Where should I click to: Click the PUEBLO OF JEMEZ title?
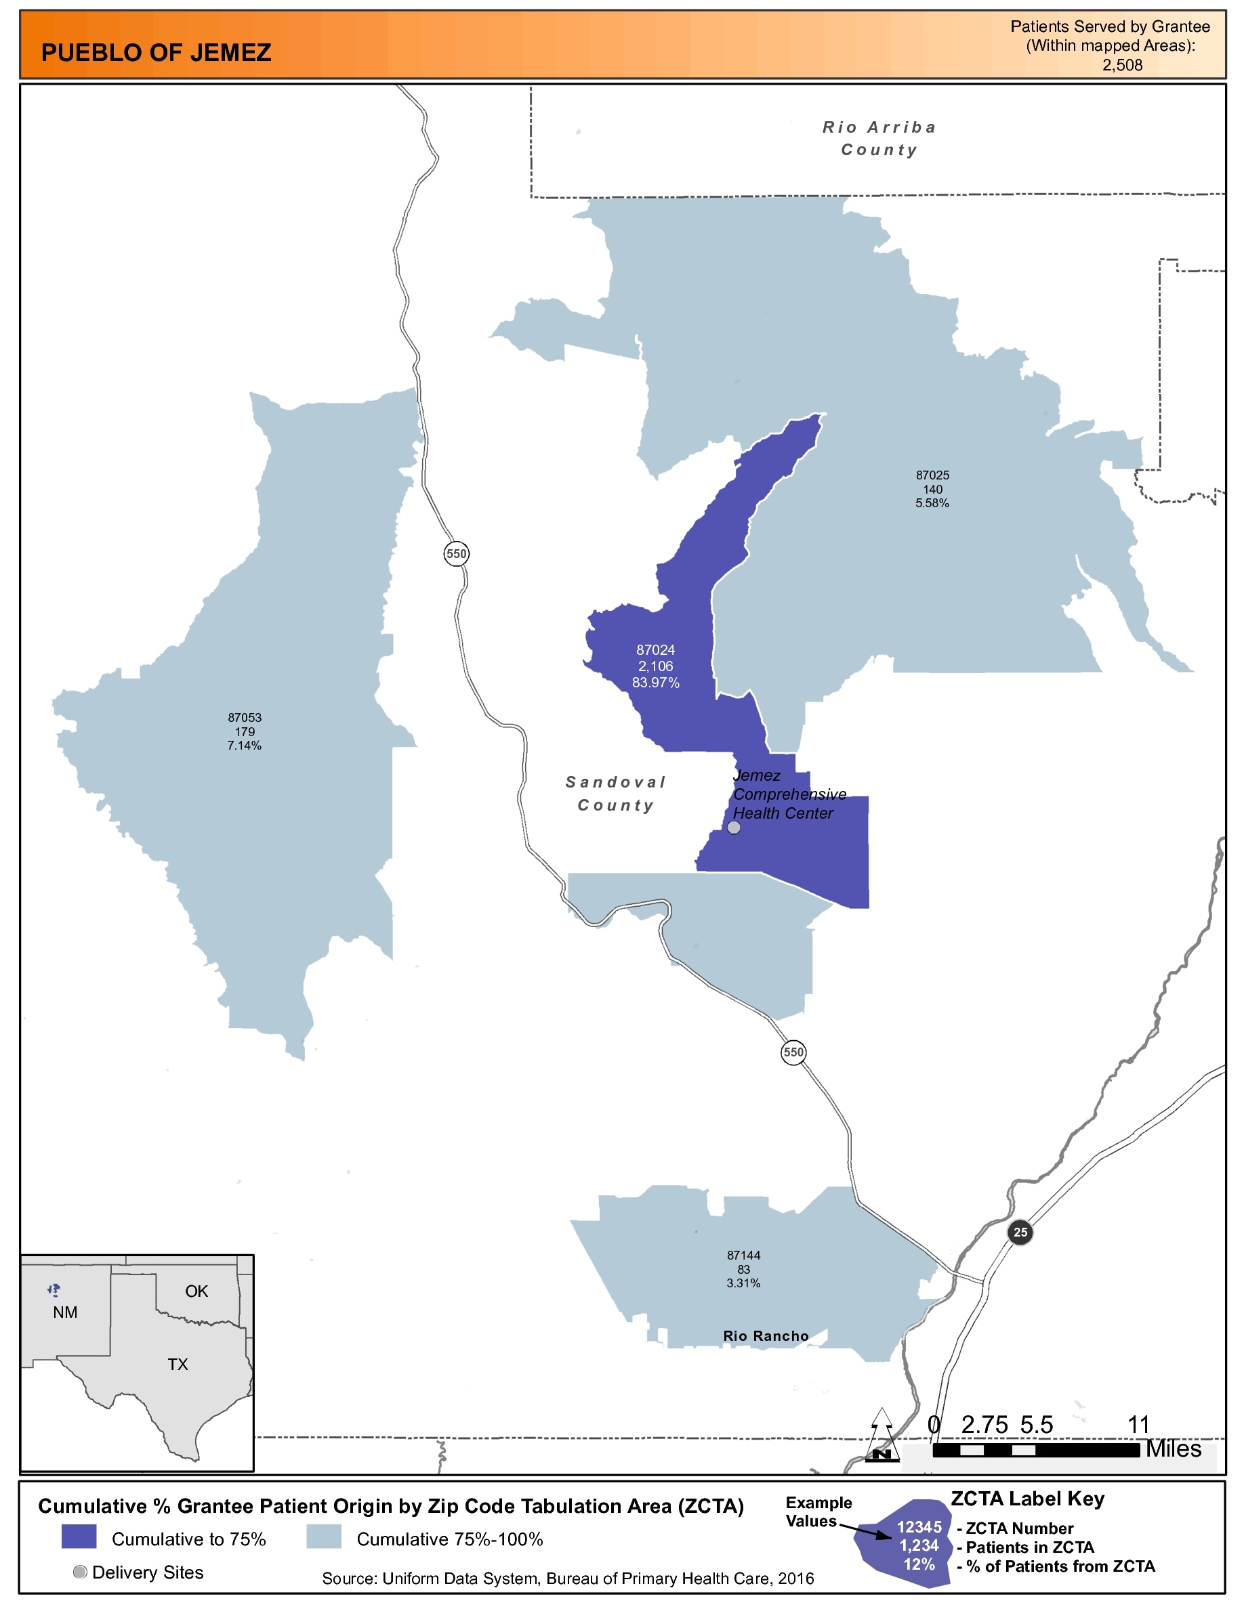(x=157, y=53)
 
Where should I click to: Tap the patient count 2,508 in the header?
(x=1121, y=65)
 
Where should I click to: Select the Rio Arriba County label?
(x=879, y=139)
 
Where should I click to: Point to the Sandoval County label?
(x=616, y=794)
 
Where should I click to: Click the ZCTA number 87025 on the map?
(x=932, y=475)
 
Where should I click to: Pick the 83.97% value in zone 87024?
(x=655, y=683)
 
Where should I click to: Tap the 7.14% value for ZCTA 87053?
(x=244, y=746)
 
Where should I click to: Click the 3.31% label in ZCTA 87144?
(x=743, y=1283)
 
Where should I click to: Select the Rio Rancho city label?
(x=766, y=1336)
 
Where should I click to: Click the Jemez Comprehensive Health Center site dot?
(x=734, y=828)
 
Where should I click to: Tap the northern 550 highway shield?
(x=456, y=554)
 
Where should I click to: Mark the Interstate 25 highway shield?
(x=1020, y=1232)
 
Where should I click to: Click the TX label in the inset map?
(x=178, y=1365)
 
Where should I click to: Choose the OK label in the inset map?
(x=196, y=1291)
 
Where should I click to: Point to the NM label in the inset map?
(x=65, y=1312)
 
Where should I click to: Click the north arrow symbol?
(x=882, y=1435)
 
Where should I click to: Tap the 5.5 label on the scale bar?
(x=1036, y=1425)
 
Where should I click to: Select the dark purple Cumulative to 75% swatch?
(x=79, y=1537)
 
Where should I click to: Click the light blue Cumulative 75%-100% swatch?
(x=323, y=1537)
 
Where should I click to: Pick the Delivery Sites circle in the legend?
(x=81, y=1572)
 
